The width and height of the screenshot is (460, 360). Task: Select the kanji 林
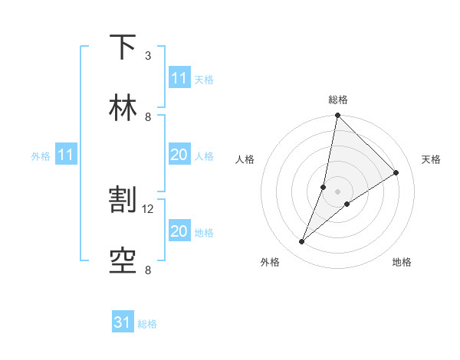click(x=123, y=107)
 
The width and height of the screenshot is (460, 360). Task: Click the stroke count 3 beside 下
click(x=148, y=56)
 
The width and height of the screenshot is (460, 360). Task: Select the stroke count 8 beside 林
click(x=148, y=116)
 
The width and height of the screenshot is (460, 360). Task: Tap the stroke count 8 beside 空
click(x=148, y=270)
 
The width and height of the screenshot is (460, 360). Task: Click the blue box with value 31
click(x=123, y=322)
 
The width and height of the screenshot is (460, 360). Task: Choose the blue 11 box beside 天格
click(x=179, y=78)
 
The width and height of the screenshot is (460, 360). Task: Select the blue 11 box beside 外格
click(x=66, y=155)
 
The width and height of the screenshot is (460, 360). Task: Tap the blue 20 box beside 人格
click(x=179, y=155)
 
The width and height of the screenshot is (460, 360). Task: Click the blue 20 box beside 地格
click(x=179, y=231)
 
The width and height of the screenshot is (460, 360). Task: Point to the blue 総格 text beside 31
click(x=147, y=324)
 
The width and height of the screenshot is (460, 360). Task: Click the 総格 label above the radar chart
click(x=337, y=100)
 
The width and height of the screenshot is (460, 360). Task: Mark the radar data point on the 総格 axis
click(x=337, y=116)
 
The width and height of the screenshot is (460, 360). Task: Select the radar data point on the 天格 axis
click(x=396, y=173)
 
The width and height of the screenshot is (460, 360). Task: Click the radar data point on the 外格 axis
click(x=302, y=242)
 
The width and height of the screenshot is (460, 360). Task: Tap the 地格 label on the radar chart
click(x=402, y=262)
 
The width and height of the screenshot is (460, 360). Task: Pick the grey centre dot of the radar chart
click(x=337, y=191)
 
